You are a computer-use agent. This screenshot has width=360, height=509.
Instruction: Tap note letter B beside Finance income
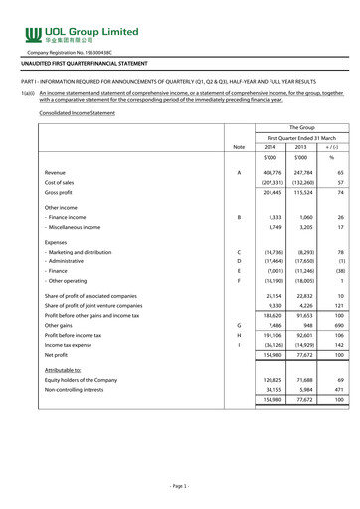pos(237,244)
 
